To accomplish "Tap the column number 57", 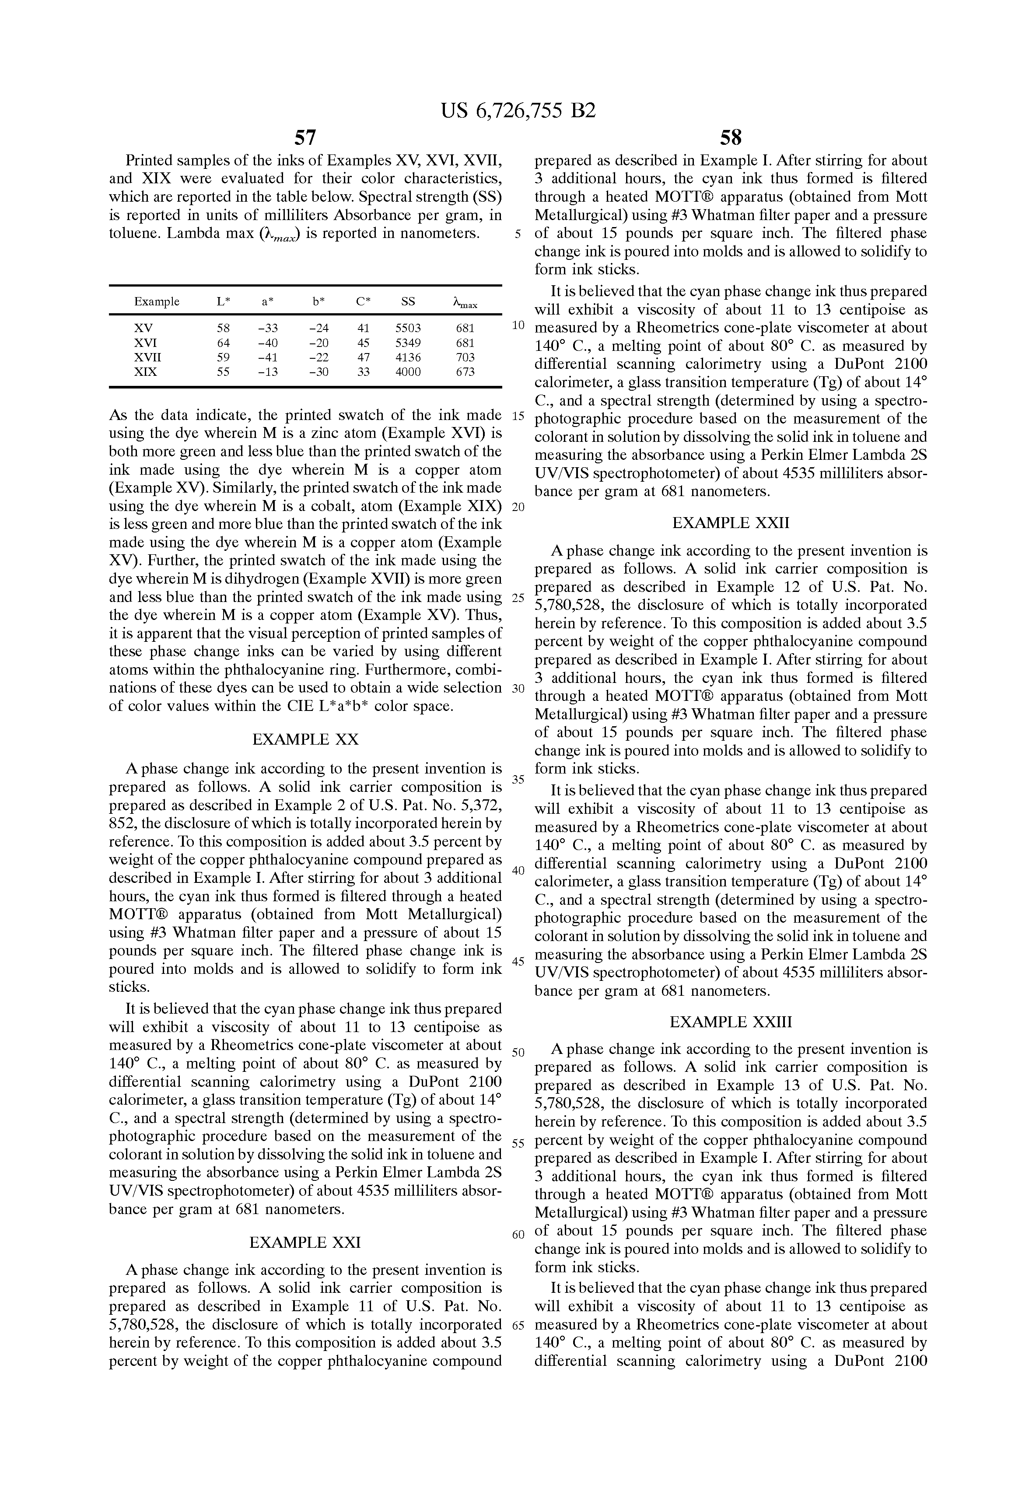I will tap(305, 137).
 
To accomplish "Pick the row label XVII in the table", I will tap(147, 357).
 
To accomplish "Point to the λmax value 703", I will tap(465, 357).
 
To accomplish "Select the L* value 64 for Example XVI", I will tap(223, 343).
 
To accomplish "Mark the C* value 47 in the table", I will tap(363, 357).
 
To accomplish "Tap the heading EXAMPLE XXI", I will tap(305, 1242).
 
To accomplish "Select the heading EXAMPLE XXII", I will tap(731, 523).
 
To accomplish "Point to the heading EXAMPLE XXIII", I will tap(731, 1022).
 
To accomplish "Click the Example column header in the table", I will tap(157, 301).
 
